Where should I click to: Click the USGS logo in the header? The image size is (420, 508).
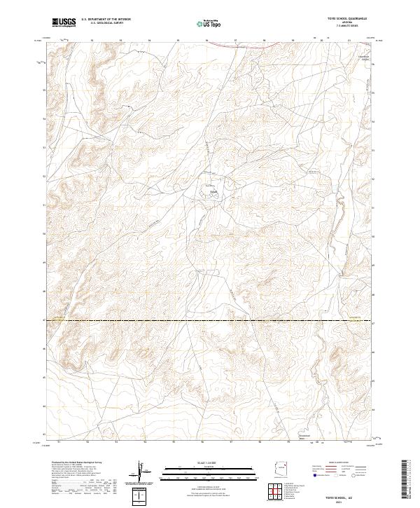pyautogui.click(x=64, y=22)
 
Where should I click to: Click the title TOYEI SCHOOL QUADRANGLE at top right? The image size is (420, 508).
pyautogui.click(x=342, y=19)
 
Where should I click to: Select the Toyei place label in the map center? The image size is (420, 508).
pyautogui.click(x=214, y=191)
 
